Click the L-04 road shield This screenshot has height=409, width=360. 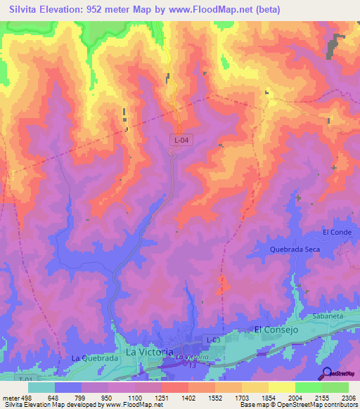click(x=181, y=141)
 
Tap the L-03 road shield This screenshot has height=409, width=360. click(x=214, y=340)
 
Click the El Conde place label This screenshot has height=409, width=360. click(x=336, y=233)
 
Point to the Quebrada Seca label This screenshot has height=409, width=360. click(x=296, y=249)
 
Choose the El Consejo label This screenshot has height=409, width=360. click(x=276, y=330)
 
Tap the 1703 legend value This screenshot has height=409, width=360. click(x=242, y=398)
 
